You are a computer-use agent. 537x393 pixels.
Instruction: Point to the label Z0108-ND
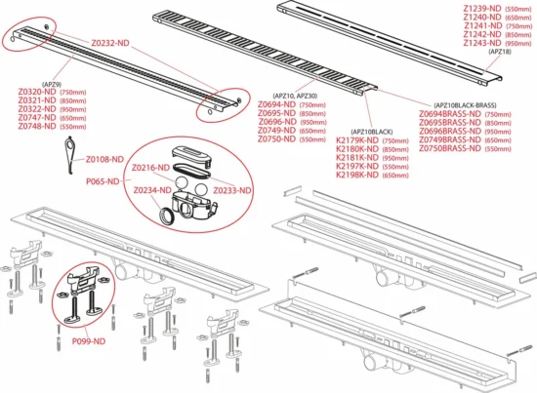(x=104, y=158)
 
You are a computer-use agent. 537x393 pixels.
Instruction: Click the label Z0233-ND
(x=232, y=190)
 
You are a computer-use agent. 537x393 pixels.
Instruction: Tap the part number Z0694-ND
(x=277, y=105)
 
